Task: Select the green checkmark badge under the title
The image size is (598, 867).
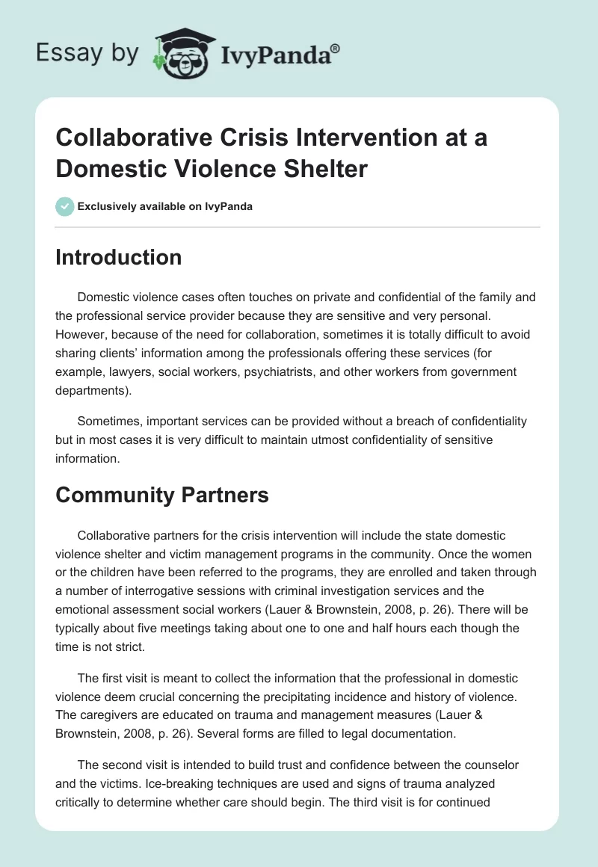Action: click(x=64, y=206)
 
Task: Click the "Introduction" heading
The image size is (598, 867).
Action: click(x=119, y=257)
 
